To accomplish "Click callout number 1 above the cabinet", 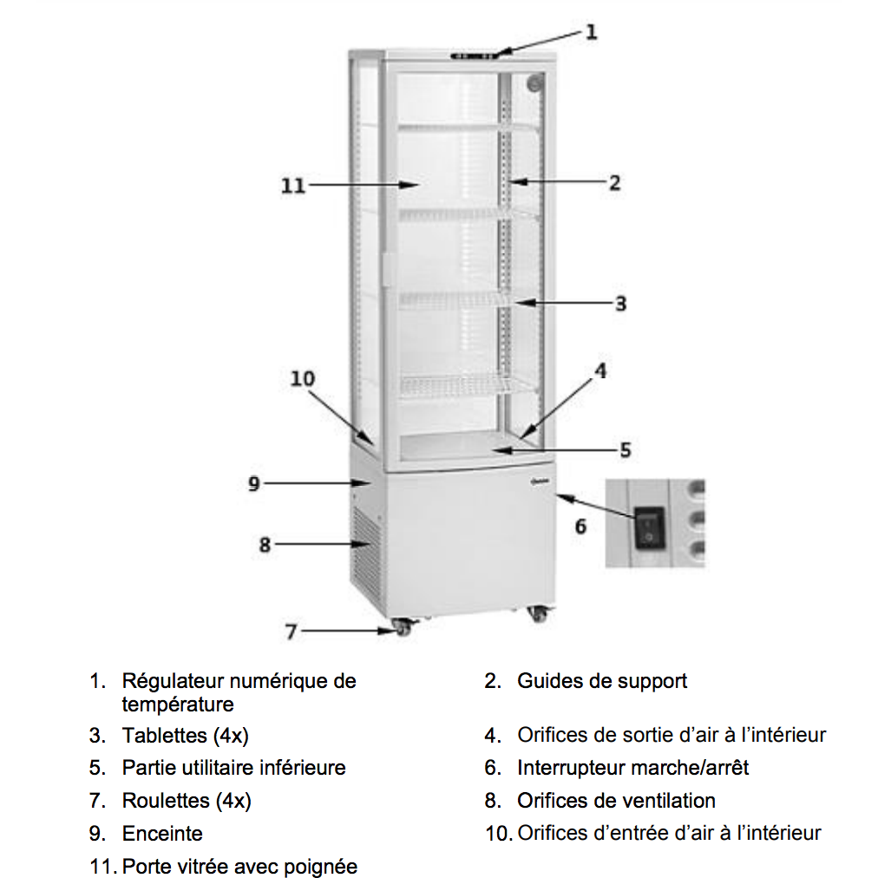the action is [592, 32].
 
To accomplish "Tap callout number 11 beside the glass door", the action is [293, 186].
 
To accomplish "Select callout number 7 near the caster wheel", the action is [291, 632].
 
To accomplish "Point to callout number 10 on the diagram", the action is [303, 379].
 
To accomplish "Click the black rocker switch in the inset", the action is [649, 527].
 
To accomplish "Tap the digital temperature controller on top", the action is [475, 56].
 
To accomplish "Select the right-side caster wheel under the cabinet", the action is [537, 614].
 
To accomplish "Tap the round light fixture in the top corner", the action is [534, 83].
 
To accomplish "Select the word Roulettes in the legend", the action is [166, 801].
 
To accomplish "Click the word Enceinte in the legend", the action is [162, 833].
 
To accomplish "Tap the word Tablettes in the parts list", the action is [165, 735].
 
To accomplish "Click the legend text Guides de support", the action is [602, 682].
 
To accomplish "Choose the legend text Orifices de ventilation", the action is [616, 801].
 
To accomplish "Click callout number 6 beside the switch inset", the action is [580, 527].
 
